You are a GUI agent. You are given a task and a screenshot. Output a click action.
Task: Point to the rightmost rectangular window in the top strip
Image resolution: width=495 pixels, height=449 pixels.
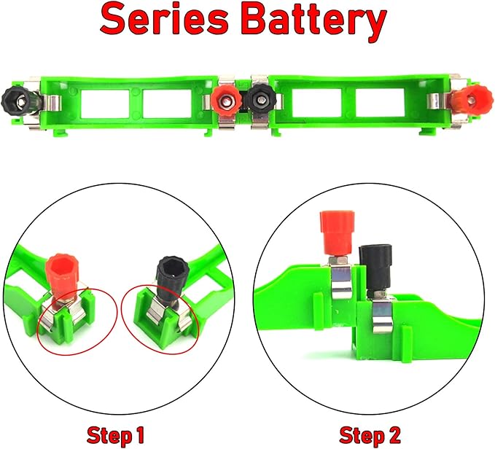pyautogui.click(x=380, y=104)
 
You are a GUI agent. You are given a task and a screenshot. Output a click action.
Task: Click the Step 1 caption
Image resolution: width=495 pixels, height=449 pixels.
pyautogui.click(x=113, y=436)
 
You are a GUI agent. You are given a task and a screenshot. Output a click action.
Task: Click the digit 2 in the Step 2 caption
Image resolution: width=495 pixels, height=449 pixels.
pyautogui.click(x=394, y=436)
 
